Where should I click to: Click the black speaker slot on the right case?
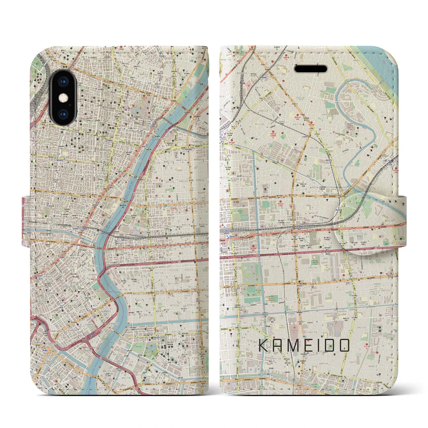pyautogui.click(x=311, y=68)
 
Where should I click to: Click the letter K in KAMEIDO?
pyautogui.click(x=264, y=345)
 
